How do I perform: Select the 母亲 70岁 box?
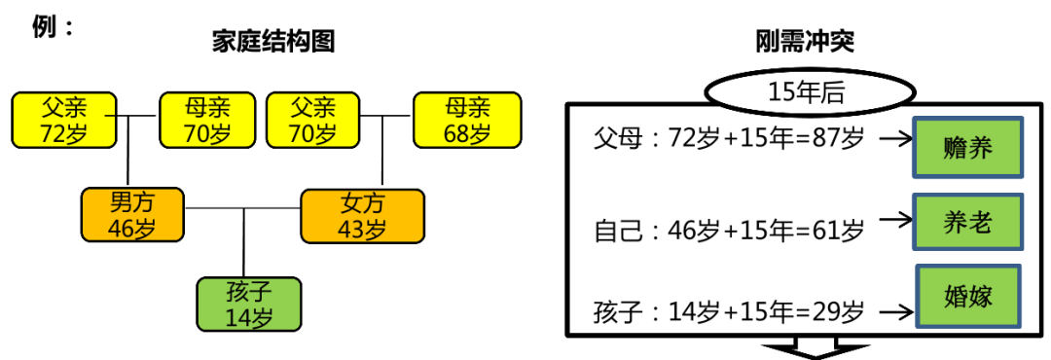[207, 120]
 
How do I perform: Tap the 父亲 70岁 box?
[312, 120]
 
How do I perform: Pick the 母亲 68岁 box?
[467, 120]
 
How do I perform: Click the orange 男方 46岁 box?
[132, 215]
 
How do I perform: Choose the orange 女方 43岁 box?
[362, 215]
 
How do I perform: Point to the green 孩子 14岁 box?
[249, 304]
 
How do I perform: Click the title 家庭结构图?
[273, 42]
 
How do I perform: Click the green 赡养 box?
[967, 149]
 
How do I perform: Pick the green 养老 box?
[967, 223]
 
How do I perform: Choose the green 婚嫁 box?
[967, 297]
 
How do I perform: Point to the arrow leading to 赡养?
[892, 139]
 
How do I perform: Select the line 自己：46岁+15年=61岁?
[728, 232]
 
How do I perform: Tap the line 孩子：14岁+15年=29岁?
[728, 313]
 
